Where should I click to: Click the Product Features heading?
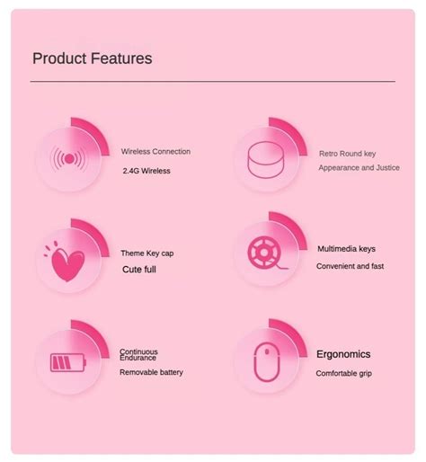(92, 58)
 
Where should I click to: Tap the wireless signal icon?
(69, 160)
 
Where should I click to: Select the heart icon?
(67, 262)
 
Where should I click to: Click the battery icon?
(68, 363)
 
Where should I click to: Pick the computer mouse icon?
(267, 362)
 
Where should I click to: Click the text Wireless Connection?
(155, 152)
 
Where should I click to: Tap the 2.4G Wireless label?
(146, 171)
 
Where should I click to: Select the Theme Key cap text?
(146, 253)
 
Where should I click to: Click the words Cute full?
(139, 270)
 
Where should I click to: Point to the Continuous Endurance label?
(138, 355)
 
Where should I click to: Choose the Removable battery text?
(151, 372)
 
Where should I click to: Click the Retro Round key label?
(347, 154)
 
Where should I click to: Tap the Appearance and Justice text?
(359, 168)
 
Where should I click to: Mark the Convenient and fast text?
(350, 266)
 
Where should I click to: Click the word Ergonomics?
(342, 354)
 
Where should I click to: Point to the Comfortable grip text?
(343, 373)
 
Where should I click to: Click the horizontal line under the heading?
(212, 82)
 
